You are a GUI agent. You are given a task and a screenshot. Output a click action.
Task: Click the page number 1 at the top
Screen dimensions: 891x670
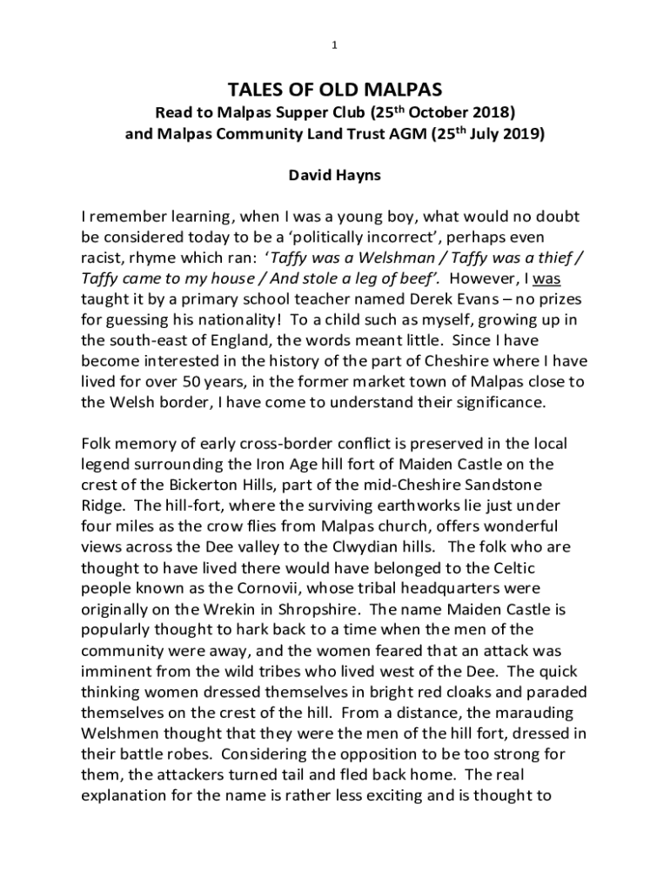point(335,46)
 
